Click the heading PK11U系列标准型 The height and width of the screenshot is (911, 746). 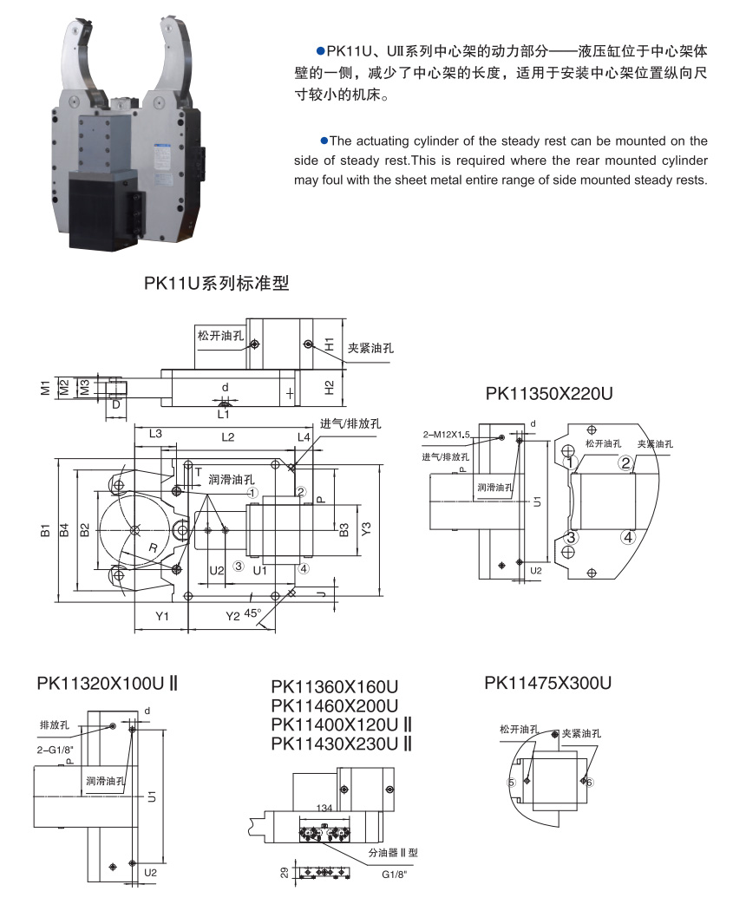tap(216, 283)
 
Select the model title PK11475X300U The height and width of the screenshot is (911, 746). tap(548, 683)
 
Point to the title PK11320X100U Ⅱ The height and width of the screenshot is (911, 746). tap(108, 683)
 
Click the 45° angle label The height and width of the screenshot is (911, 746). tap(252, 613)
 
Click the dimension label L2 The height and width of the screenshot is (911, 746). tap(227, 437)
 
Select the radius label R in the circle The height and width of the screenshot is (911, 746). tap(153, 549)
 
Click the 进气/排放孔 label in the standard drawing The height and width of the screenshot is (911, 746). tap(350, 423)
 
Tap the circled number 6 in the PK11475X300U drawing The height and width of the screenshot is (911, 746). tap(590, 783)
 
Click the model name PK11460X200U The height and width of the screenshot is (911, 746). tap(334, 705)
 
